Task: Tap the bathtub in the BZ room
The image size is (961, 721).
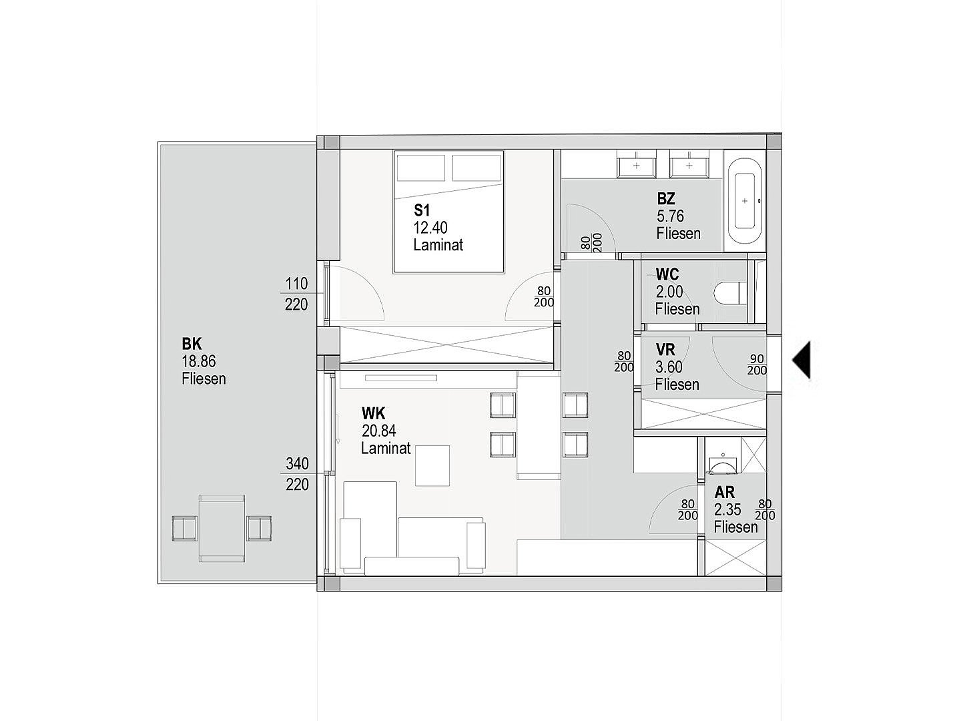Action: pyautogui.click(x=744, y=201)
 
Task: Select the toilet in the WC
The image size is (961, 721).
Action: pyautogui.click(x=730, y=293)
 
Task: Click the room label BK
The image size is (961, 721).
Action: pyautogui.click(x=192, y=344)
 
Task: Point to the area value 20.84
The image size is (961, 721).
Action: pyautogui.click(x=378, y=431)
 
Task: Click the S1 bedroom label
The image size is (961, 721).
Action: pyautogui.click(x=422, y=210)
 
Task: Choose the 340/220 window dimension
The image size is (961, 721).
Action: pyautogui.click(x=297, y=474)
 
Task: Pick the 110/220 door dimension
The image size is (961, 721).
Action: pyautogui.click(x=296, y=294)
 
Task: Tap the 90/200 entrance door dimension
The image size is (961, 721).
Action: pyautogui.click(x=757, y=365)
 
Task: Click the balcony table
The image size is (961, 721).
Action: pyautogui.click(x=222, y=528)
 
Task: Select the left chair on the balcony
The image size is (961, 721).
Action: pyautogui.click(x=184, y=528)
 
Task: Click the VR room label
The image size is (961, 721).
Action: pyautogui.click(x=665, y=350)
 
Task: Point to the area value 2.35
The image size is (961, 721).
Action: pyautogui.click(x=727, y=509)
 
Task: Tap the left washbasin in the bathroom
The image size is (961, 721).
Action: pyautogui.click(x=637, y=165)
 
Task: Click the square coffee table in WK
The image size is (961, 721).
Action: pyautogui.click(x=432, y=465)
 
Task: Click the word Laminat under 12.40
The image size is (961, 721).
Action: pyautogui.click(x=438, y=245)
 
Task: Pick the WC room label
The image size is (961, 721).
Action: pyautogui.click(x=667, y=274)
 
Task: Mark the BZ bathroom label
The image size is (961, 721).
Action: pyautogui.click(x=666, y=199)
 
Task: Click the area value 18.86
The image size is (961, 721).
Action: pyautogui.click(x=199, y=361)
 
